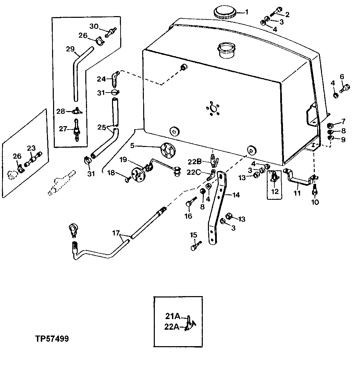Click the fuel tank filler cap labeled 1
click(x=224, y=13)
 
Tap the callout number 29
click(x=70, y=49)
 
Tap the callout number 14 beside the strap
click(x=236, y=195)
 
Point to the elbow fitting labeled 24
click(x=114, y=78)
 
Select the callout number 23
click(x=31, y=148)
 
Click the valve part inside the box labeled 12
click(x=274, y=178)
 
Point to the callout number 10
click(x=315, y=202)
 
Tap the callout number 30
click(x=94, y=26)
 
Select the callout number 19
click(x=123, y=159)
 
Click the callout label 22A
click(x=172, y=327)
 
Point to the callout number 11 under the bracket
click(x=297, y=193)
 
